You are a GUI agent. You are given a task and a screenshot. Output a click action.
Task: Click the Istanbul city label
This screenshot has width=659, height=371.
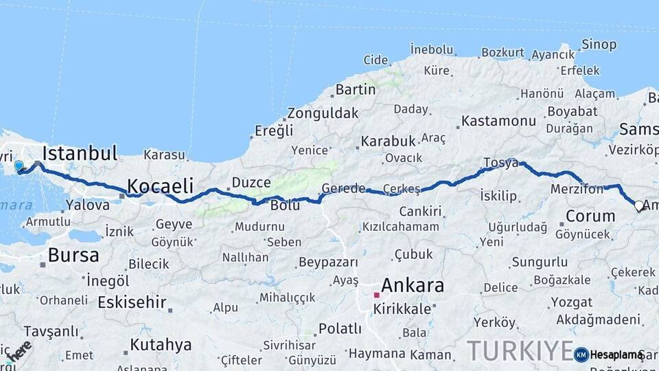tap(80, 153)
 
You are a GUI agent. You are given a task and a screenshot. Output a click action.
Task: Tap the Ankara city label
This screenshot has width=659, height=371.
tap(412, 285)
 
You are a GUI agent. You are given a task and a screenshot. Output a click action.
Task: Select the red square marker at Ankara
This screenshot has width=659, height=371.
tap(377, 295)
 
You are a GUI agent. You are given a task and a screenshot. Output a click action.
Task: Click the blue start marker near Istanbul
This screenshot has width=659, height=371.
tap(19, 166)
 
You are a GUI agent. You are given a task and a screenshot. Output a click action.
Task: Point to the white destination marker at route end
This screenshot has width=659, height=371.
tap(639, 205)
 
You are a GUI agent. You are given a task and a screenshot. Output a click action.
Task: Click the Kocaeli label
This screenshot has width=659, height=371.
tap(159, 185)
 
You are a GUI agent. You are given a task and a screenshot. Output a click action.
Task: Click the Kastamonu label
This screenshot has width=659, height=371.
tap(498, 121)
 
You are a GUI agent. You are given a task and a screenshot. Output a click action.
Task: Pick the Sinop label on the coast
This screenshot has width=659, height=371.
tap(599, 45)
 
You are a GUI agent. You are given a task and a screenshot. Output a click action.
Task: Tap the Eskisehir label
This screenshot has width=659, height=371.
tap(132, 302)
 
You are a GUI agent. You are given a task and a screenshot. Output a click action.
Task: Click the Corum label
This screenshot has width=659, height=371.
tap(590, 216)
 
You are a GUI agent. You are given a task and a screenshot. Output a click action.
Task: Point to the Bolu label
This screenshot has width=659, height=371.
tap(285, 205)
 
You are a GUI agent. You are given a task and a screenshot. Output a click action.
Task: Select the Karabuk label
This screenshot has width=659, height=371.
tap(389, 141)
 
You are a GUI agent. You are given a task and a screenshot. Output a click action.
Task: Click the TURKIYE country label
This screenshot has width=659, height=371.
tap(520, 350)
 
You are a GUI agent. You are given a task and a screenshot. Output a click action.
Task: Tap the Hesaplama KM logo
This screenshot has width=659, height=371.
tap(610, 355)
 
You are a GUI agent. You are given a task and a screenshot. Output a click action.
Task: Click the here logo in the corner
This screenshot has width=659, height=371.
tap(18, 351)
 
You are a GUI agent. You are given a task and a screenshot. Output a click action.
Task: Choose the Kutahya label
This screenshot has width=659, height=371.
tap(161, 344)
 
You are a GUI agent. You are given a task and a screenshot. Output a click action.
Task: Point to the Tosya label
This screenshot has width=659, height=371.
tap(500, 162)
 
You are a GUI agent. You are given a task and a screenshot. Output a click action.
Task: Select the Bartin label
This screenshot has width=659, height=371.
tap(356, 89)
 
